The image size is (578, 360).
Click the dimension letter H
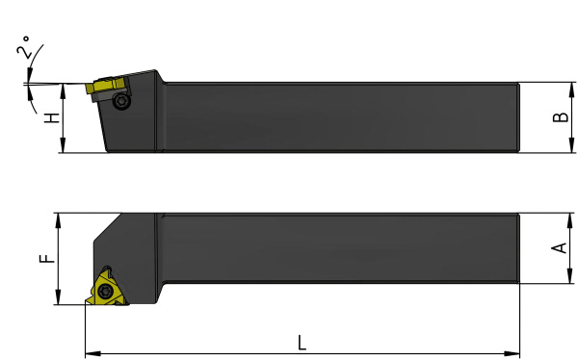52,117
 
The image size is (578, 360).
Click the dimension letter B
561,117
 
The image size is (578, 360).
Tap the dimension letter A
559,248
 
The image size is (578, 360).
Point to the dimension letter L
302,343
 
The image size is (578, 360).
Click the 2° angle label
23,47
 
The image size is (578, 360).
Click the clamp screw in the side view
121,100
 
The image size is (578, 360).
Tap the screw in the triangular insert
105,292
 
